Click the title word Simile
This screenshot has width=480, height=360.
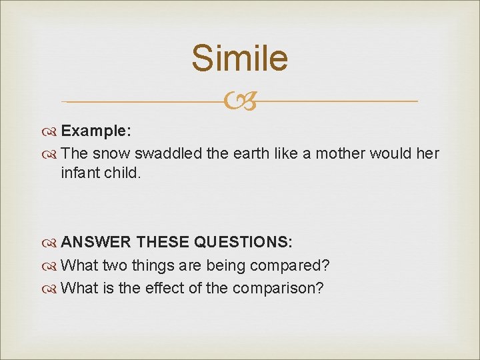[x=239, y=58]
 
